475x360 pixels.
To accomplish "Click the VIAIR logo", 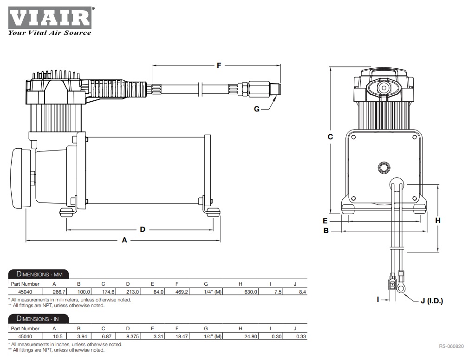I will (x=49, y=18).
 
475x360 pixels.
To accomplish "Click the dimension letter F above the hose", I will (x=219, y=65).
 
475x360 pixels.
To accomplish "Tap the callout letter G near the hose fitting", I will (x=257, y=109).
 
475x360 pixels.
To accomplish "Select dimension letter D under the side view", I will (x=143, y=229).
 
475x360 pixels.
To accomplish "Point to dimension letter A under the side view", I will (x=124, y=240).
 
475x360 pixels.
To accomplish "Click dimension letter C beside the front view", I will (x=331, y=137).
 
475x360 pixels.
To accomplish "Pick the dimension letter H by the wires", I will (x=437, y=221).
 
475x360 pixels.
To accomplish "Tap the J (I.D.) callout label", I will (x=431, y=301).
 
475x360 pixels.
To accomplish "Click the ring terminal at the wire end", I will (x=400, y=288).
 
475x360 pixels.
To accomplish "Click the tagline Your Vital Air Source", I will (x=49, y=33).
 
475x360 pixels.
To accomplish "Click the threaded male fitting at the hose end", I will (x=277, y=88).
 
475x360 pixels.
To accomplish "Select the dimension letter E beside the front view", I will (x=325, y=221).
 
